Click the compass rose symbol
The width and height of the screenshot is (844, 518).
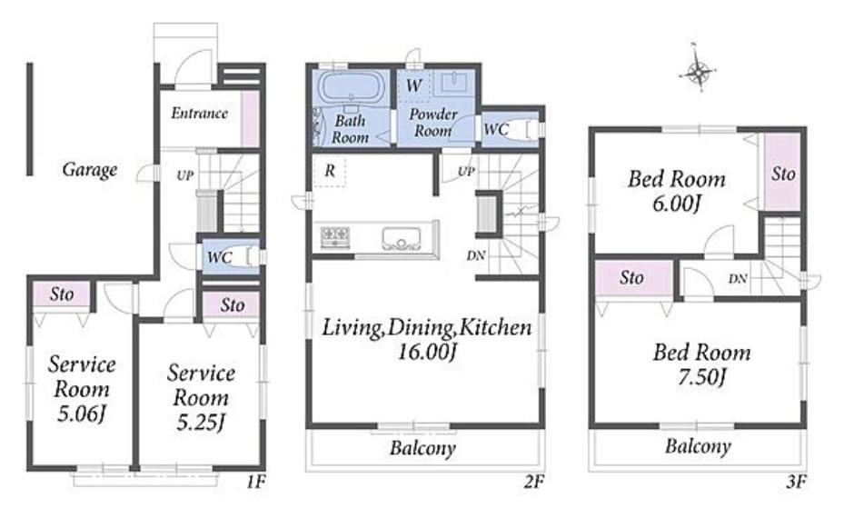(x=698, y=71)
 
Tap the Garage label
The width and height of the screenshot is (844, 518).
(x=90, y=170)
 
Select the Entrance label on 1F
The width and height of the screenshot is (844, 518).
(x=199, y=113)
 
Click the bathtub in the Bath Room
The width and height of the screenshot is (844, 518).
(x=351, y=87)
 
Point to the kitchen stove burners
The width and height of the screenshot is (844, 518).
(x=335, y=237)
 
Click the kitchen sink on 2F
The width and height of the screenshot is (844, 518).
(x=401, y=238)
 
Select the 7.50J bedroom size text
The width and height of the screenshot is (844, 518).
(x=702, y=377)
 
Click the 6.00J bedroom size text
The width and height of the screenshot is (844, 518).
(x=677, y=204)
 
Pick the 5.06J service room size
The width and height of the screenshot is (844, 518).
(x=81, y=413)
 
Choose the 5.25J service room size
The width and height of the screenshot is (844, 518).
(x=201, y=423)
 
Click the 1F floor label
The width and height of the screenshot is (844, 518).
(x=255, y=482)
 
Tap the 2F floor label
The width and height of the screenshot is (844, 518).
(x=534, y=482)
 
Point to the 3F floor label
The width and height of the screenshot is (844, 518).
(x=796, y=482)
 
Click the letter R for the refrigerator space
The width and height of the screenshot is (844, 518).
(x=330, y=171)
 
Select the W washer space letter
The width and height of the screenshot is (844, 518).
(x=414, y=85)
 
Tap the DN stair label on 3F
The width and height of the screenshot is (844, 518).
(x=738, y=278)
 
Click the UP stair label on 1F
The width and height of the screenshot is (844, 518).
(x=184, y=175)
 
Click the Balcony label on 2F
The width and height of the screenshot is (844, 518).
(x=422, y=448)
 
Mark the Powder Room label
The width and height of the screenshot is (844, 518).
(x=433, y=123)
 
